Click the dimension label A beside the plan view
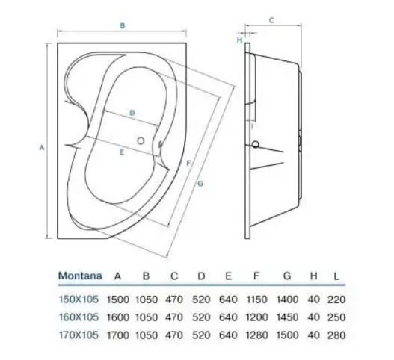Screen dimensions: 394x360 pyautogui.click(x=42, y=148)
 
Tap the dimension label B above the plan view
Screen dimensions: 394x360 pyautogui.click(x=123, y=25)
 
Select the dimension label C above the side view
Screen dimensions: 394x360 pyautogui.click(x=271, y=20)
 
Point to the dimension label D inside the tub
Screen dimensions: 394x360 pyautogui.click(x=132, y=113)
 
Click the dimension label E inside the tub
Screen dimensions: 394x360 pyautogui.click(x=122, y=152)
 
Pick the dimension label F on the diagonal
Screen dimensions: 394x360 pyautogui.click(x=188, y=164)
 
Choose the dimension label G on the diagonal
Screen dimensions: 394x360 pyautogui.click(x=200, y=184)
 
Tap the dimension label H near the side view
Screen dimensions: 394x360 pyautogui.click(x=240, y=40)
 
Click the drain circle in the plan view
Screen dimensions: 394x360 pyautogui.click(x=141, y=141)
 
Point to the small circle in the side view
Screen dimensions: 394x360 pyautogui.click(x=255, y=144)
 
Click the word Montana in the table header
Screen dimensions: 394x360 pyautogui.click(x=80, y=276)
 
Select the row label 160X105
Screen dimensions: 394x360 pyautogui.click(x=79, y=317)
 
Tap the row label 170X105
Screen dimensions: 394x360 pyautogui.click(x=79, y=335)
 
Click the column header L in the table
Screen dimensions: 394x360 pyautogui.click(x=336, y=276)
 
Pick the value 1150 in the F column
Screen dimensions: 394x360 pyautogui.click(x=256, y=300)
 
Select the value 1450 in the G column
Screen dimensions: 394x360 pyautogui.click(x=287, y=317)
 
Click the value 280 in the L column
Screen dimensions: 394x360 pyautogui.click(x=336, y=335)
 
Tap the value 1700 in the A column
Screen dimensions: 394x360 pyautogui.click(x=118, y=335)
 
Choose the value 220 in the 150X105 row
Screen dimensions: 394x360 pyautogui.click(x=336, y=300)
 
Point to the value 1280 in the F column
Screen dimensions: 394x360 pyautogui.click(x=256, y=335)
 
